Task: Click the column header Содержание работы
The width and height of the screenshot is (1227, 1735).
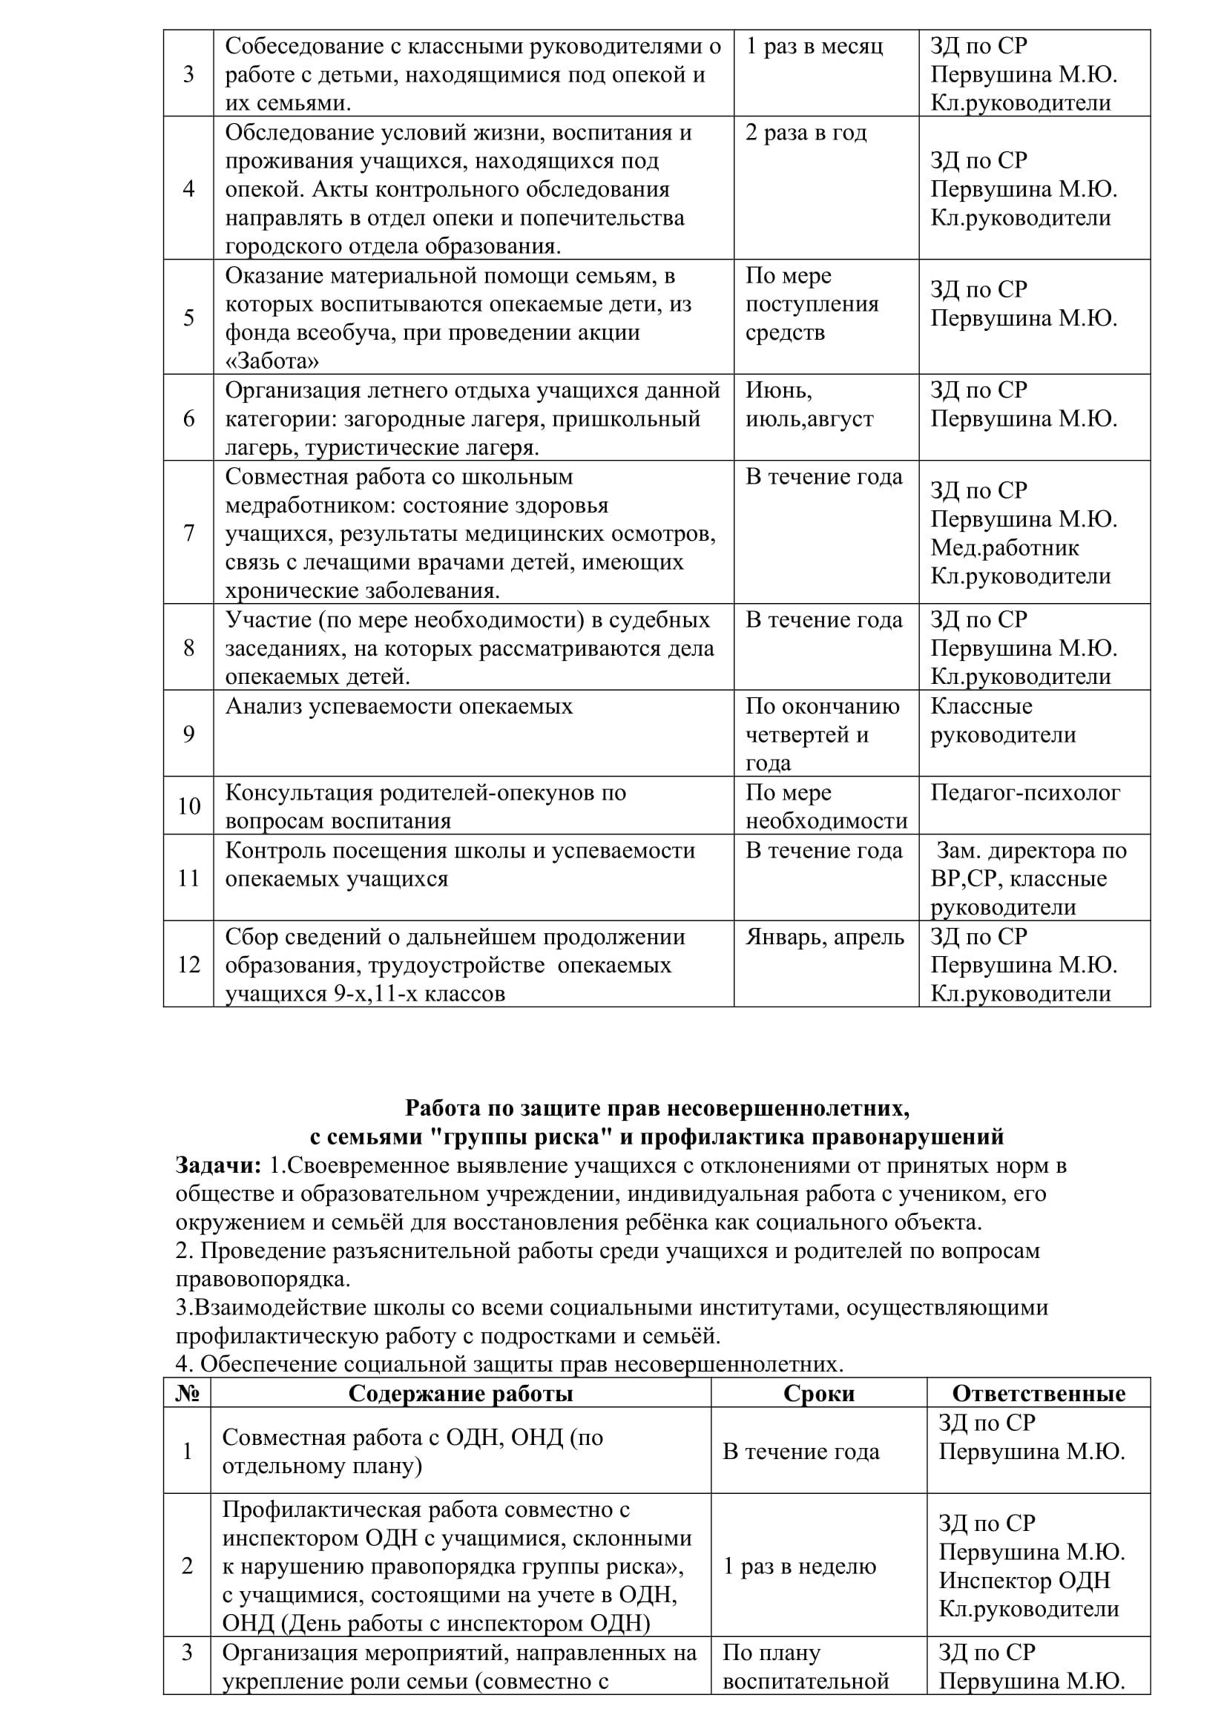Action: point(460,1394)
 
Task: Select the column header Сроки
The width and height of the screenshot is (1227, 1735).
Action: point(818,1394)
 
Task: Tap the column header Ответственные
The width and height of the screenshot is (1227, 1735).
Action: point(1038,1394)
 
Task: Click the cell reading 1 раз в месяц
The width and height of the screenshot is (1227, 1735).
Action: point(814,47)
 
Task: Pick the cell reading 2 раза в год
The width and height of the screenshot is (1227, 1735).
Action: point(806,133)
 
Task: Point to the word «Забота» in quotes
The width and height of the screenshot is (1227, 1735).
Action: point(272,361)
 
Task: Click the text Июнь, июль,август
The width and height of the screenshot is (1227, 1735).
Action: point(809,404)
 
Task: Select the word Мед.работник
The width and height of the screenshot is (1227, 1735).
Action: point(1004,548)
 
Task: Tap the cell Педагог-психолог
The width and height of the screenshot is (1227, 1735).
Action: point(1025,793)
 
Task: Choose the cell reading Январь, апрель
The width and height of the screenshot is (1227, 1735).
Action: point(824,937)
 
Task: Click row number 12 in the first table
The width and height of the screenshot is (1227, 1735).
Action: point(188,964)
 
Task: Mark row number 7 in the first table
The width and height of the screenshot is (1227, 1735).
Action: point(188,533)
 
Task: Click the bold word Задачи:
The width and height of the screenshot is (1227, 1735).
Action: point(218,1165)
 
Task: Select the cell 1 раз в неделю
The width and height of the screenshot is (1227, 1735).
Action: point(800,1567)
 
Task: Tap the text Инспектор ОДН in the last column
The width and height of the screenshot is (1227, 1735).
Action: point(1024,1581)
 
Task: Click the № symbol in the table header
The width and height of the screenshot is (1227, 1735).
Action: point(187,1394)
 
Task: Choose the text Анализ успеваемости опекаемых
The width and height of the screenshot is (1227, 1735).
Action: point(399,707)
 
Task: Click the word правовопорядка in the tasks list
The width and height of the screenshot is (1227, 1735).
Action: point(263,1280)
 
